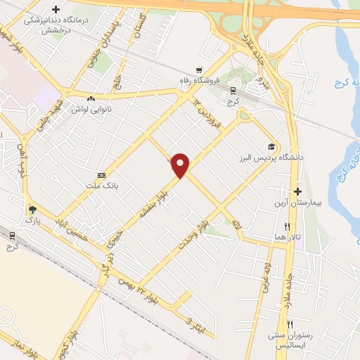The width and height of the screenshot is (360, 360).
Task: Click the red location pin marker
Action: pos(181,165)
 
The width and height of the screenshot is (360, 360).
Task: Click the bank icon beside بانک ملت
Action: pos(102,174)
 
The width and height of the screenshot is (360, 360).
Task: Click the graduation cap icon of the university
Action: pos(271,148)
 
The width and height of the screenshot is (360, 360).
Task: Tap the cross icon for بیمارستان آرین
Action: pos(298,191)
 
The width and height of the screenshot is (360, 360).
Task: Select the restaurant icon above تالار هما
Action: pos(287,226)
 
